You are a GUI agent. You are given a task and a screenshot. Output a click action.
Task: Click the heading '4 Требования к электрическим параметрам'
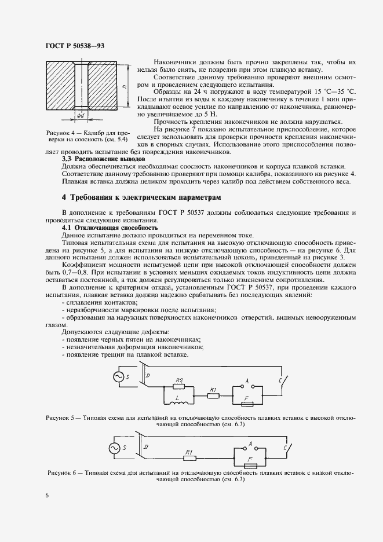coord(142,198)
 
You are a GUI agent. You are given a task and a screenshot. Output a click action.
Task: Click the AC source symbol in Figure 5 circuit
coord(118,377)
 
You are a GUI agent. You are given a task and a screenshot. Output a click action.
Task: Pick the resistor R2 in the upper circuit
coord(181,386)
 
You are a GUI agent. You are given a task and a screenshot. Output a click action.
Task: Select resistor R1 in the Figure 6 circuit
coord(189,457)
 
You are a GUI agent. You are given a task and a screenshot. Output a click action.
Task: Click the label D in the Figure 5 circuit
coord(147,376)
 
